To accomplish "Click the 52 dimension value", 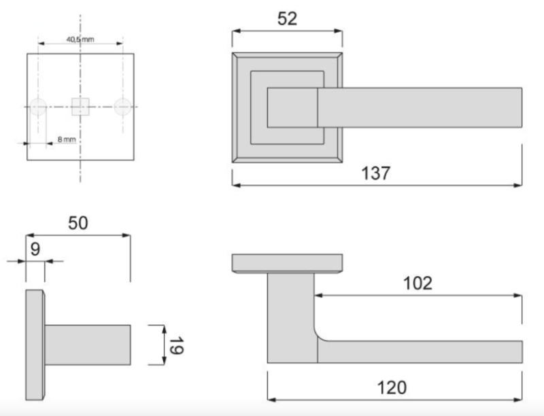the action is [x=287, y=19].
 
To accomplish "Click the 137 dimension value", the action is [x=376, y=173].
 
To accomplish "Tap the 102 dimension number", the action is [x=418, y=283].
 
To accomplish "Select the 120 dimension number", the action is [x=392, y=387].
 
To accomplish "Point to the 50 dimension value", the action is [x=78, y=223].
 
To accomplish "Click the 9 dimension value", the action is [x=35, y=249].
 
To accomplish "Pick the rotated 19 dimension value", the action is [x=176, y=345].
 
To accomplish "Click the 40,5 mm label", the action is [x=80, y=39].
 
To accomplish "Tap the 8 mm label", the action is [x=67, y=139].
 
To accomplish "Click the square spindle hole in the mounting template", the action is [x=80, y=107].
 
